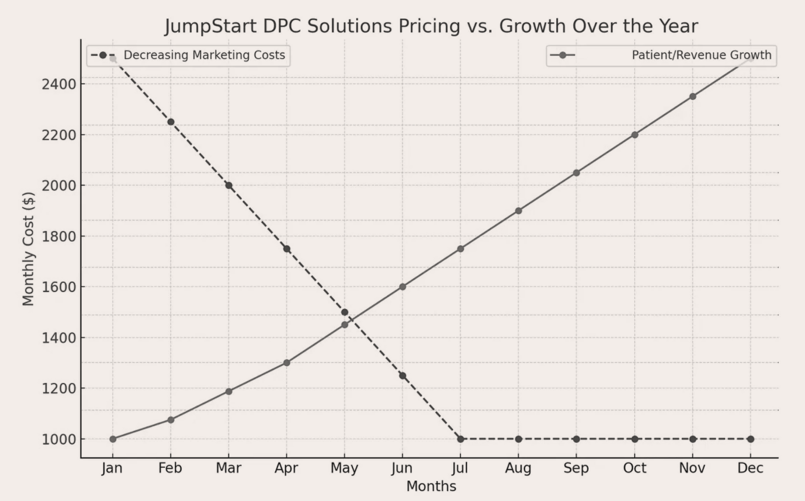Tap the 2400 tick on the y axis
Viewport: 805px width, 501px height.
(59, 84)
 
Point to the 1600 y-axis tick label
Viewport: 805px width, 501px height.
(59, 287)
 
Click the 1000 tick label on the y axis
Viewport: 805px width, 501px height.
(59, 439)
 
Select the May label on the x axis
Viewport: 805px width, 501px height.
(344, 468)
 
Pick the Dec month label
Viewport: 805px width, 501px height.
(750, 468)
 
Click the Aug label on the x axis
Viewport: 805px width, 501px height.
(518, 468)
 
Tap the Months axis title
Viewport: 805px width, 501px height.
(431, 486)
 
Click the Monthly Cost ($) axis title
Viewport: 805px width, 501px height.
(28, 249)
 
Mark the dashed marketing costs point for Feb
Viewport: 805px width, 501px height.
(171, 122)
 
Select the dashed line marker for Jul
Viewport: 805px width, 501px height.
(460, 439)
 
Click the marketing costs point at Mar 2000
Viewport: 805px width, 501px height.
(229, 185)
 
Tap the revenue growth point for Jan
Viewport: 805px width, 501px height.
(113, 439)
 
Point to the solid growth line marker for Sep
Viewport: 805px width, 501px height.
(576, 173)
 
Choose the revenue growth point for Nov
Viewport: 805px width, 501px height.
(693, 97)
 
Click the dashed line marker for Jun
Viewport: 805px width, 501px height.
(402, 376)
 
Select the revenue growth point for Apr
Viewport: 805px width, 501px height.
(287, 363)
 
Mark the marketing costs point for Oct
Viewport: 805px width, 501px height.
(634, 439)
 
